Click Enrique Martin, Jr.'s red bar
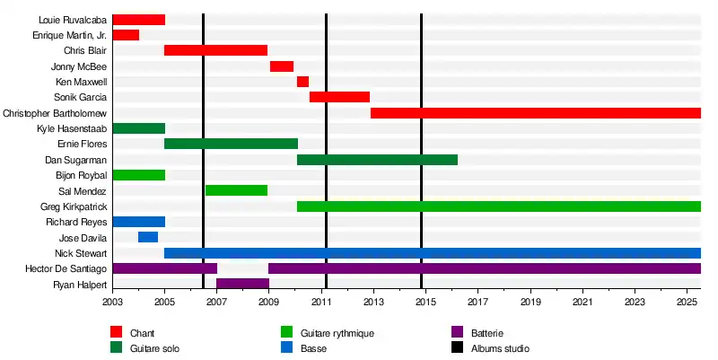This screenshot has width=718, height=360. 126,35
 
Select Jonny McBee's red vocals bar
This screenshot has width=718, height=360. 282,66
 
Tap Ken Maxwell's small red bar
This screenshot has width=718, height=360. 302,82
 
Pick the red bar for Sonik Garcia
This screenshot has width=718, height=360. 339,97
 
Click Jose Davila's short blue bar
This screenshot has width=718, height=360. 148,237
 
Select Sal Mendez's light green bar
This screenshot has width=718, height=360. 236,190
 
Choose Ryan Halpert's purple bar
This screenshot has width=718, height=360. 242,284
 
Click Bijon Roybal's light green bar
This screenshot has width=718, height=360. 138,175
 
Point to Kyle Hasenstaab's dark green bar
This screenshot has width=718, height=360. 138,128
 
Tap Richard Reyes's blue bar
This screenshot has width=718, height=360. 138,222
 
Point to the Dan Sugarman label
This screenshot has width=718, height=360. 82,160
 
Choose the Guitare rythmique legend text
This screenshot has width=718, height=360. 337,334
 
